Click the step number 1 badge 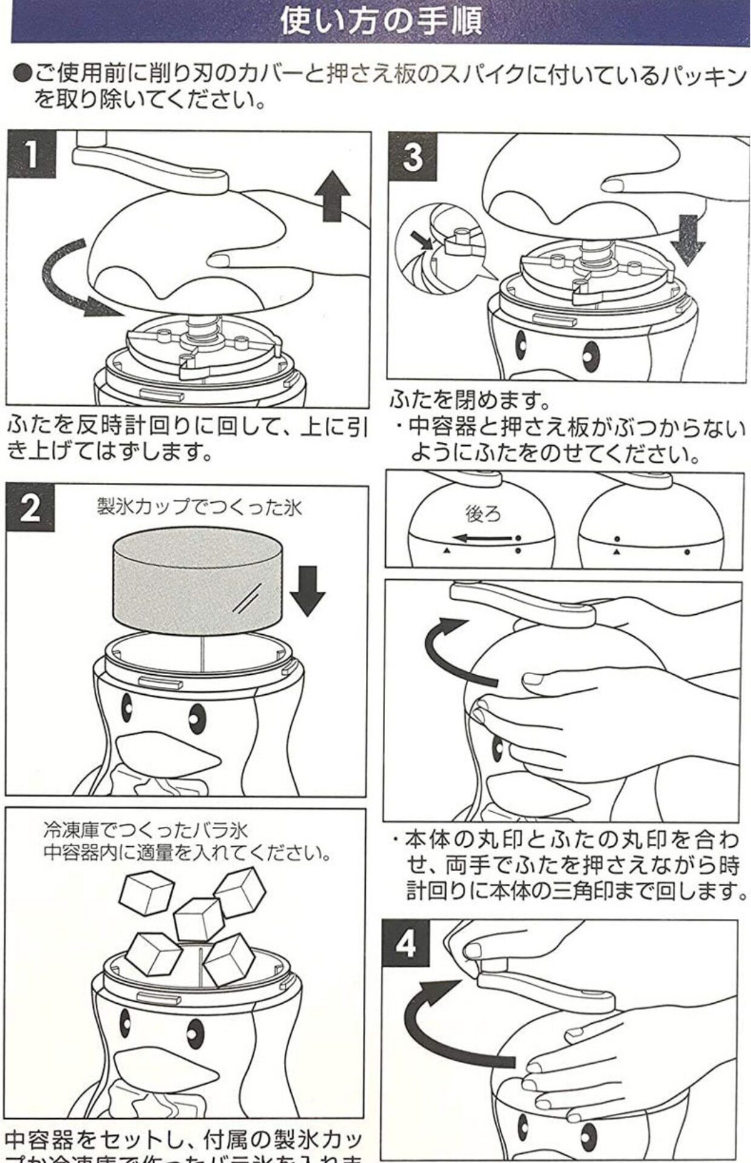(x=30, y=155)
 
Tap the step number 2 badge (x=30, y=508)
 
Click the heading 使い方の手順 (x=381, y=21)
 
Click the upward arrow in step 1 (x=332, y=196)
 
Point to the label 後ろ (x=483, y=514)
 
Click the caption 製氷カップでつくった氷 (x=199, y=506)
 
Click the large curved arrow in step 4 (x=445, y=1024)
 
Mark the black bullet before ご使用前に (x=22, y=76)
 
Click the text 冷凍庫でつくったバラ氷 (x=145, y=829)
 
